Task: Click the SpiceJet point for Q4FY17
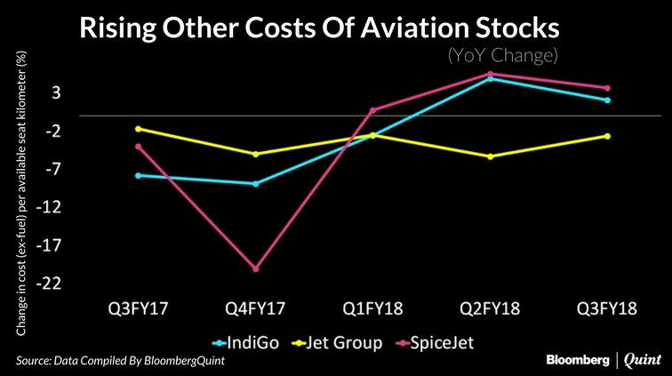(255, 268)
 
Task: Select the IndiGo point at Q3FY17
(138, 175)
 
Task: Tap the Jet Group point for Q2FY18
(490, 156)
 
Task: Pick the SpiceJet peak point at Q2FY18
(490, 74)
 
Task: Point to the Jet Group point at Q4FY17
(255, 154)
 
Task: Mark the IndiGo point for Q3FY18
(607, 100)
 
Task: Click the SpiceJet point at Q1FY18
(372, 110)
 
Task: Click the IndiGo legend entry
(248, 341)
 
